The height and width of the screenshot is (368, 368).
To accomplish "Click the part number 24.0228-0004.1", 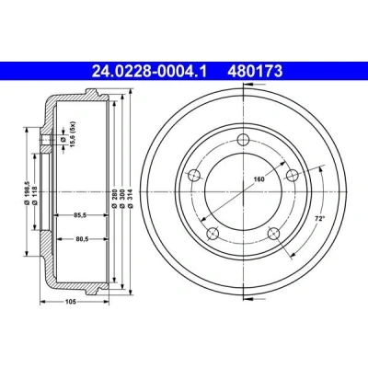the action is tap(150, 71).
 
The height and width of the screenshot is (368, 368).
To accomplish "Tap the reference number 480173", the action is tap(255, 71).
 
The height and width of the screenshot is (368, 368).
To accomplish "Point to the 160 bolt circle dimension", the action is tap(259, 179).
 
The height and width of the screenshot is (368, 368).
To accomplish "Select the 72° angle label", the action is tap(320, 219).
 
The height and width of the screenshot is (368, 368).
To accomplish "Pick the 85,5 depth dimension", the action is tap(81, 215).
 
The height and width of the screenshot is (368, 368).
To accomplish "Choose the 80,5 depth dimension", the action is tap(82, 239).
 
